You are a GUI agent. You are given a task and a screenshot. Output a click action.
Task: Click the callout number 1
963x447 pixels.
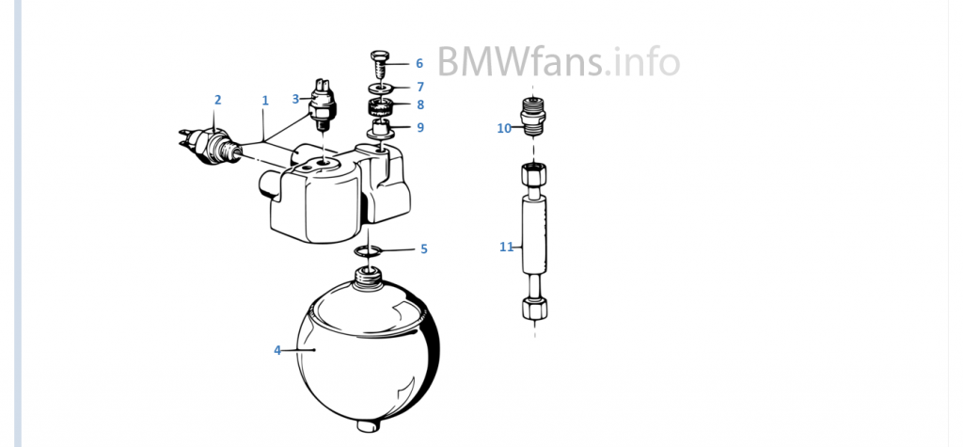click(265, 100)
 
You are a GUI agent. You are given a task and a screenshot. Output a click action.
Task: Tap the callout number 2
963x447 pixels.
click(217, 100)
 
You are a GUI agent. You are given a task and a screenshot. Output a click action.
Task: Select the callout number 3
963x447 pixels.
click(295, 99)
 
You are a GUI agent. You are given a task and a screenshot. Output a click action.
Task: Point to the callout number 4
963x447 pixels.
click(277, 350)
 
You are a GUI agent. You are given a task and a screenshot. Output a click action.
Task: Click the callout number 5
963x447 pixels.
click(424, 249)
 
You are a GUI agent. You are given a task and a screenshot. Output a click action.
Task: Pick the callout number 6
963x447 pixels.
click(419, 63)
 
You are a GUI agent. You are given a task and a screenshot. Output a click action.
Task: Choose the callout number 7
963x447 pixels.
click(420, 87)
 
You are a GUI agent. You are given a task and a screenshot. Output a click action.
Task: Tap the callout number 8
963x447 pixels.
click(420, 105)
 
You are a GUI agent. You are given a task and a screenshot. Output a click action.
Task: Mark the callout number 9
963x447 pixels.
click(420, 128)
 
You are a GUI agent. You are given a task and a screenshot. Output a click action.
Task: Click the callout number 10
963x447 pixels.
click(504, 129)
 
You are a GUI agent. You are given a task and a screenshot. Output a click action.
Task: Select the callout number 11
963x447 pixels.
click(505, 247)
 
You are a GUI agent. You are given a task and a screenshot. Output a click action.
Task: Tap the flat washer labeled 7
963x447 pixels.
click(382, 88)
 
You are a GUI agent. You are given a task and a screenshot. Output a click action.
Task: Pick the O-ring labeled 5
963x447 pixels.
click(368, 250)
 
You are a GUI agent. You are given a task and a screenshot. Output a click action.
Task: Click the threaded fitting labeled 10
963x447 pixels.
click(533, 116)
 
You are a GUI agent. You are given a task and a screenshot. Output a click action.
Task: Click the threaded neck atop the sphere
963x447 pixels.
click(369, 277)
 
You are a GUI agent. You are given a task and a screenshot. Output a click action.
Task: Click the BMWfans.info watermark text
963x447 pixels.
click(559, 61)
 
